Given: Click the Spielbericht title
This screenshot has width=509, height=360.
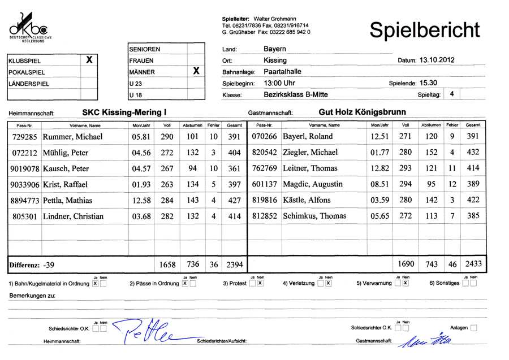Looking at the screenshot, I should tap(424, 30).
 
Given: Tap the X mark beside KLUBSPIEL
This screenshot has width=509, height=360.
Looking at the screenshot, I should tap(89, 59).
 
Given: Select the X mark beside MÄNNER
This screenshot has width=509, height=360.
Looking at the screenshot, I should tap(196, 71).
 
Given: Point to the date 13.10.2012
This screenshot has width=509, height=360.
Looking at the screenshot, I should tap(437, 59).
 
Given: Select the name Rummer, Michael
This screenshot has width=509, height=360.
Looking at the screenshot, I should tap(73, 137).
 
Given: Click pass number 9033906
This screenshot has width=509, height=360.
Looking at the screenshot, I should tap(24, 184).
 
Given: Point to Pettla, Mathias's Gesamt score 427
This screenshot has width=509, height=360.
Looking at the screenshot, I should tap(234, 200).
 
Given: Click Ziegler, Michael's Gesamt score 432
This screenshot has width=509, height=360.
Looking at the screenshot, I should tap(473, 153).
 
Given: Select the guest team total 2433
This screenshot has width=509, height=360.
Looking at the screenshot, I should tap(472, 264).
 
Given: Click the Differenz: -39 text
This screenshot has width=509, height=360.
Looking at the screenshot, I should tap(32, 264).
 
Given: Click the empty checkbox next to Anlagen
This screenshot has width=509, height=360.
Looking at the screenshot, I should tap(473, 327).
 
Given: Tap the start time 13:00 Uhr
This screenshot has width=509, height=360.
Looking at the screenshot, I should tap(279, 83).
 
